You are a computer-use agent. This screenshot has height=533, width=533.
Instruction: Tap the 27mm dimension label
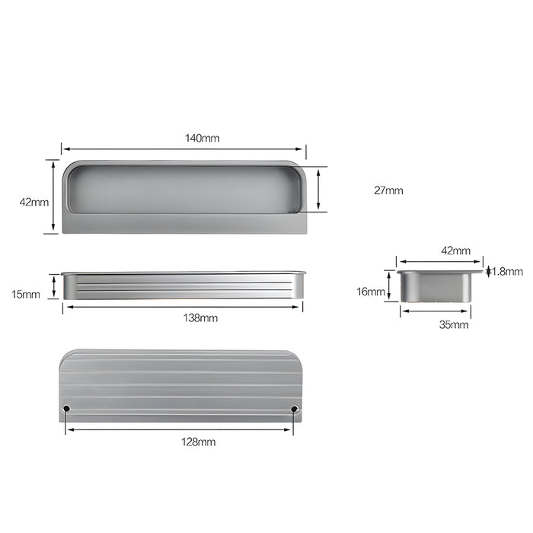click(x=388, y=190)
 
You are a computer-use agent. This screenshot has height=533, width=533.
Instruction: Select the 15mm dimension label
click(x=27, y=295)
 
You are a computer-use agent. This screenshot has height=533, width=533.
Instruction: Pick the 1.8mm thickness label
click(x=508, y=271)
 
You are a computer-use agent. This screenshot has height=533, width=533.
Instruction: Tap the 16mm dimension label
click(x=371, y=291)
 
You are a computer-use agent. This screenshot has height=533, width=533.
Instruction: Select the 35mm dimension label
click(x=455, y=324)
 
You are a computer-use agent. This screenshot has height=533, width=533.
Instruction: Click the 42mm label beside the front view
click(x=34, y=203)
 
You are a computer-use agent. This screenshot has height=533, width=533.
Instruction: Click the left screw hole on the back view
click(x=66, y=410)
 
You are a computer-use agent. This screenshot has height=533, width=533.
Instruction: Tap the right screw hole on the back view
click(x=295, y=410)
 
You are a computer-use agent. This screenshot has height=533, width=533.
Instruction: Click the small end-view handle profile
click(x=436, y=286)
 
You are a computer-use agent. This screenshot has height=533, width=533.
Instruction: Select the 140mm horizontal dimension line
click(x=183, y=149)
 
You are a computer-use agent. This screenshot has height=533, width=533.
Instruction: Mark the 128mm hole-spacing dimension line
click(x=180, y=430)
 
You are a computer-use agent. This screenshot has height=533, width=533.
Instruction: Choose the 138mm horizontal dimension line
click(x=183, y=307)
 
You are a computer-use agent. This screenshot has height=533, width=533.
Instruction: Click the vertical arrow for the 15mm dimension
click(x=54, y=286)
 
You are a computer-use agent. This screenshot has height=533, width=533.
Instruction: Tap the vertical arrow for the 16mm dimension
click(x=389, y=286)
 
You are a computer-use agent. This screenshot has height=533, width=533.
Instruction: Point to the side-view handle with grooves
click(x=183, y=286)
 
